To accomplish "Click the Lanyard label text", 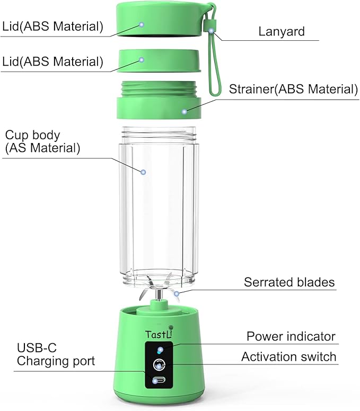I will tap(282, 31).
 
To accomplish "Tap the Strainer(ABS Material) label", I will tap(293, 88).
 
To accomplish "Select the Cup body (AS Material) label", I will tap(42, 141).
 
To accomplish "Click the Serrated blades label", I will tap(289, 282).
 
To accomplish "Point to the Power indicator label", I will tap(291, 336).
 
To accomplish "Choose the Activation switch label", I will tap(288, 356).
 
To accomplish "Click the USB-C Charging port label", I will tap(56, 355).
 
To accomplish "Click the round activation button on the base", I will tap(159, 364).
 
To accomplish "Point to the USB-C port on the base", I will tap(159, 380).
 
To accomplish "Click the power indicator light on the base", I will tap(160, 350).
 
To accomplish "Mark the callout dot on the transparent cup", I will tap(143, 172).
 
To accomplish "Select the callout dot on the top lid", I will tap(142, 24).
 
